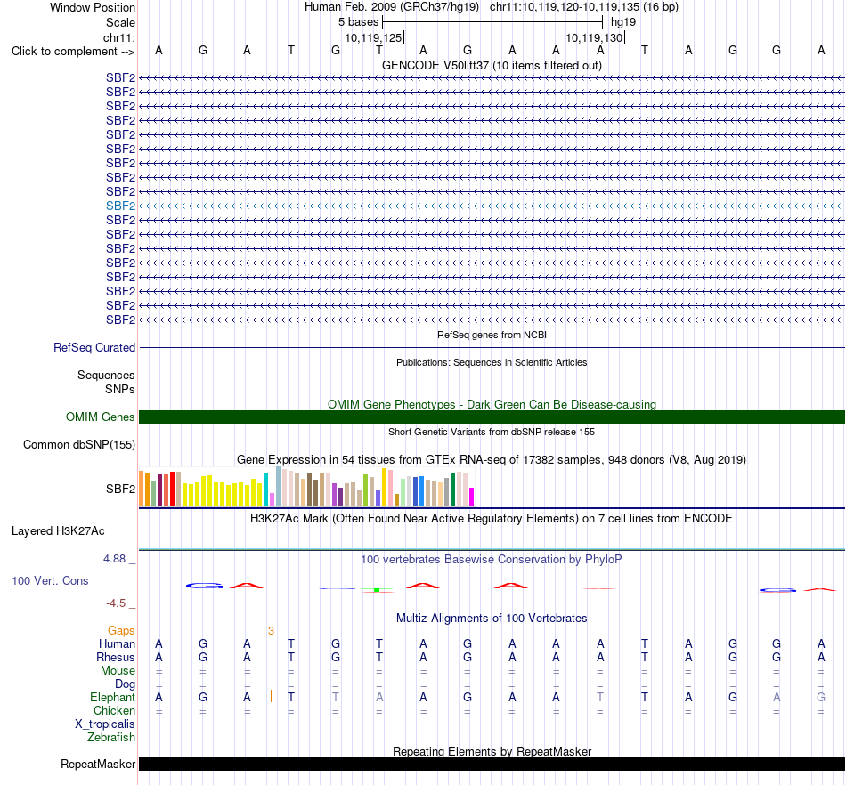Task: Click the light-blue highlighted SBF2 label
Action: click(x=120, y=206)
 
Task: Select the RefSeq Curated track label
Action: click(x=94, y=348)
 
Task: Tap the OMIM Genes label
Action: click(x=101, y=417)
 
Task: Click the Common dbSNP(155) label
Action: click(x=79, y=445)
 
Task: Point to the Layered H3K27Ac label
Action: click(x=58, y=531)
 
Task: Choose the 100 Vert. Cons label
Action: click(x=50, y=580)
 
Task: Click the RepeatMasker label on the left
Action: click(x=98, y=764)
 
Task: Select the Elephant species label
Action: click(x=112, y=697)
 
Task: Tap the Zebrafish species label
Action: click(x=111, y=737)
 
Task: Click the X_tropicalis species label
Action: click(x=105, y=724)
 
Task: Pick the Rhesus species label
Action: click(x=116, y=657)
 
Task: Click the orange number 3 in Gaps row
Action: click(x=271, y=631)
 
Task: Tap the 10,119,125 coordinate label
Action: click(x=373, y=37)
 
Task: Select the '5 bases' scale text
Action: click(x=359, y=22)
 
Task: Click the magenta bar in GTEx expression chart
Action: click(x=472, y=498)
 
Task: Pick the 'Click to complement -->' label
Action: click(x=73, y=52)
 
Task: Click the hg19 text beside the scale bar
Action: click(x=623, y=22)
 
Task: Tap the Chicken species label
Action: click(x=114, y=710)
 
